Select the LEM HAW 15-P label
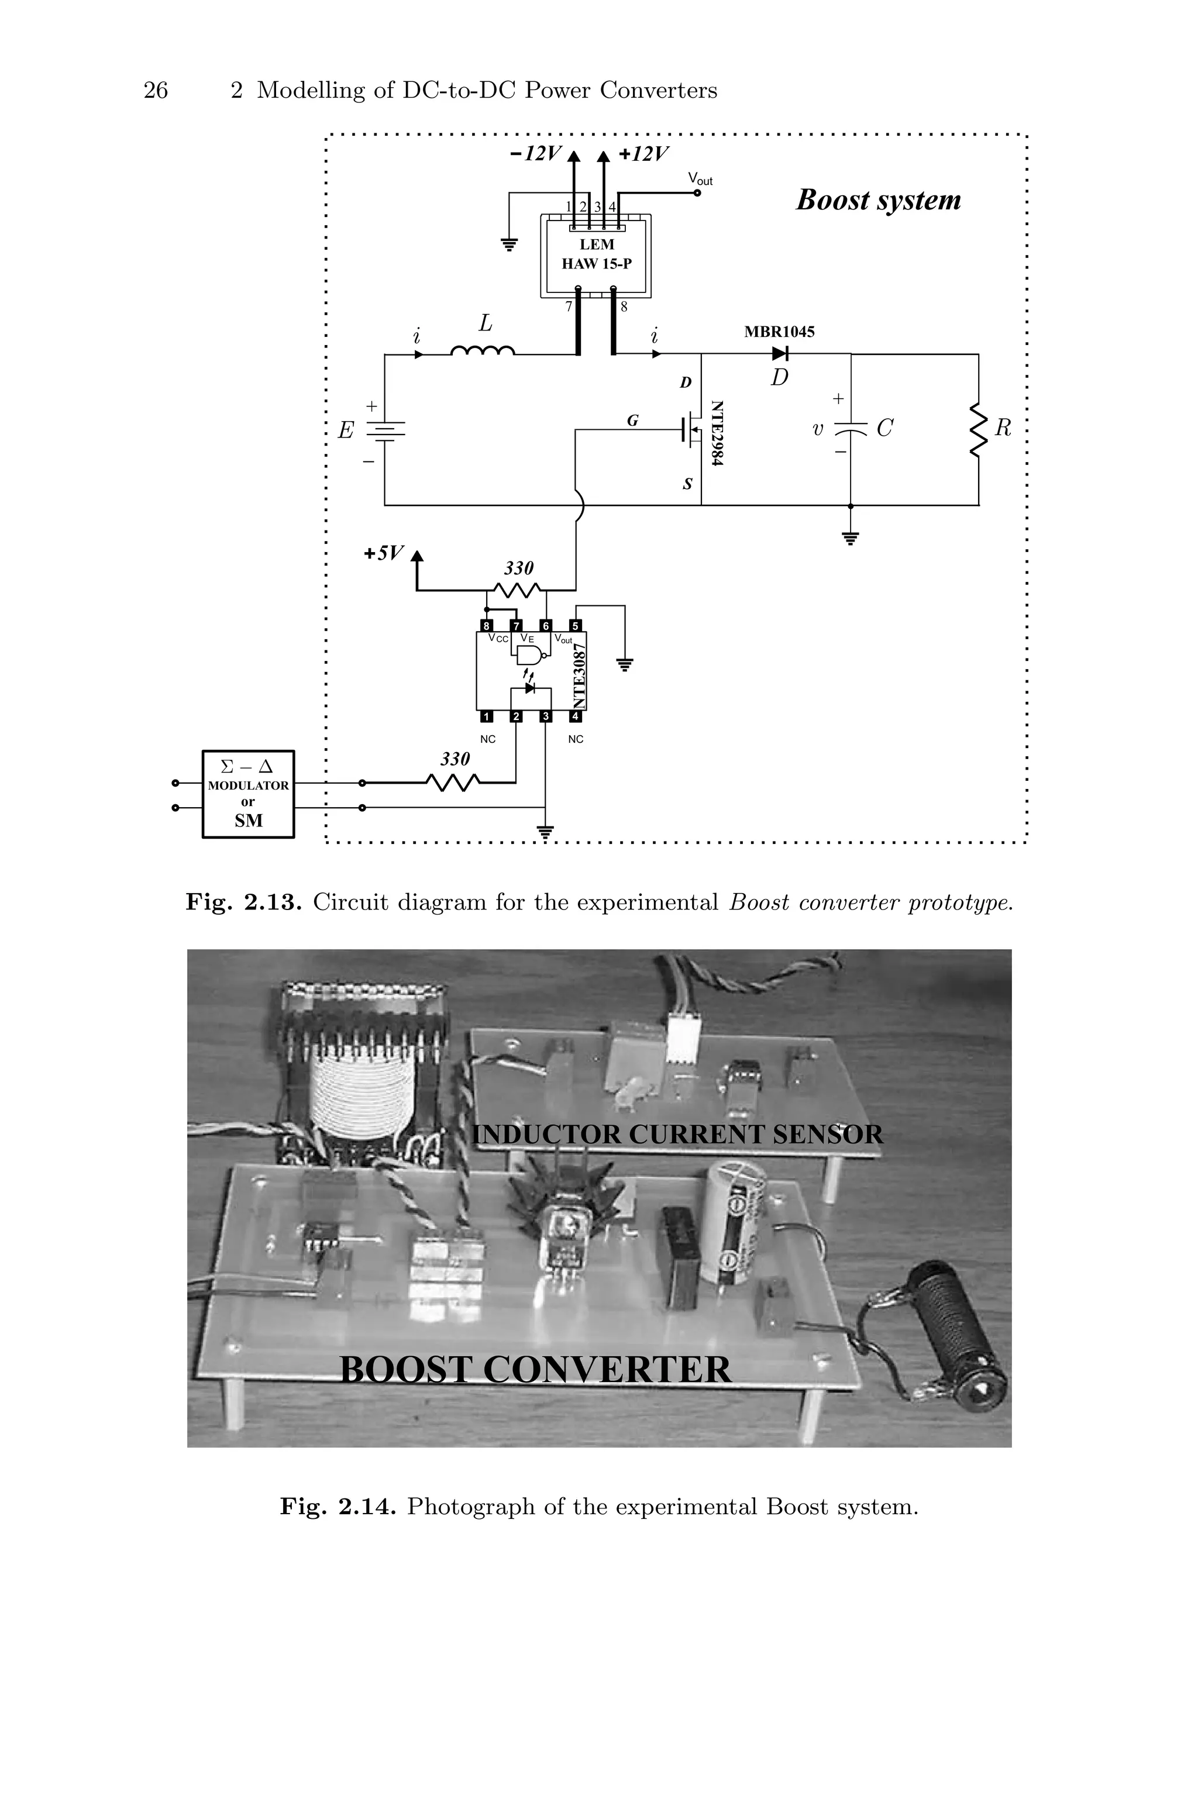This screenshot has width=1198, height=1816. [x=597, y=254]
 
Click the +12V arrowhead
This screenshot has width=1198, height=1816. [x=604, y=157]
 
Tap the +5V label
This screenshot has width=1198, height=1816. [x=383, y=553]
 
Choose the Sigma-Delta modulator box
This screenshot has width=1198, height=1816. [x=248, y=794]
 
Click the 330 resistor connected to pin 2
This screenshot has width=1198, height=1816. [x=453, y=782]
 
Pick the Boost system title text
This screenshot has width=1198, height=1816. [x=878, y=200]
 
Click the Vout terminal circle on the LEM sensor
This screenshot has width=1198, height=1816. [x=697, y=193]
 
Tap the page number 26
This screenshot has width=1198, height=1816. [x=156, y=91]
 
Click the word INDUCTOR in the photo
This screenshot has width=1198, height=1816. [x=547, y=1135]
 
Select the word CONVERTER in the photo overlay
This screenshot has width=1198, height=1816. [x=607, y=1369]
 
